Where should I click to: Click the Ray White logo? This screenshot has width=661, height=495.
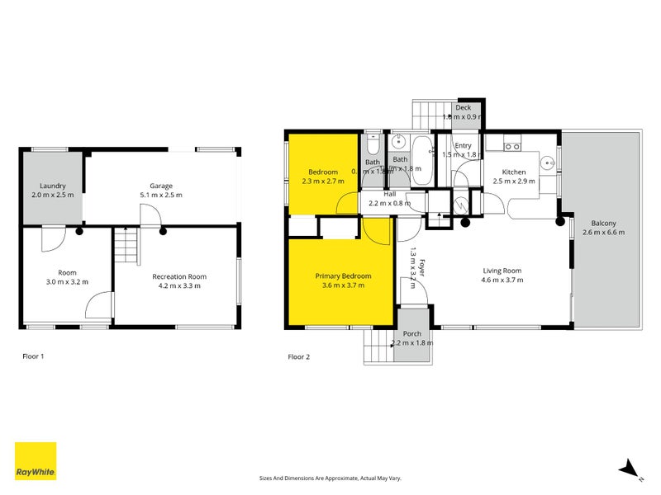pos(36,461)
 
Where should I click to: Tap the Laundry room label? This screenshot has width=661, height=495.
pos(51,186)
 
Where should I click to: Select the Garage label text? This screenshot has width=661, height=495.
pos(160,186)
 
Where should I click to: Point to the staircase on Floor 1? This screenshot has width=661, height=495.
pos(124,246)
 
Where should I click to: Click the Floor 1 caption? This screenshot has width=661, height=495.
pos(32,357)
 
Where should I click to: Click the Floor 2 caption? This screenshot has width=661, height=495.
pos(298,357)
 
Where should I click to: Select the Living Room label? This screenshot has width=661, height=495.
pos(502,270)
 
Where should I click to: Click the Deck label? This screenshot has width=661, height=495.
pos(463,107)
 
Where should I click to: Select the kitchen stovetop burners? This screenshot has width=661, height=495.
pos(512,147)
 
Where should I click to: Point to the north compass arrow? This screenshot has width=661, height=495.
pos(630,468)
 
